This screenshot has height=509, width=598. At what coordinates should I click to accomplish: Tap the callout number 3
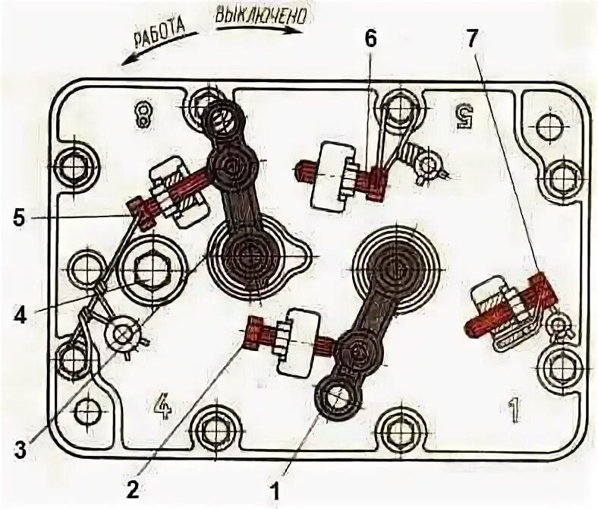click(20, 449)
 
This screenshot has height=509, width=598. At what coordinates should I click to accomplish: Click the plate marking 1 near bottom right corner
click(513, 410)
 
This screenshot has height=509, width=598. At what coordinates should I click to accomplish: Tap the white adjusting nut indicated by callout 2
click(299, 342)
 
